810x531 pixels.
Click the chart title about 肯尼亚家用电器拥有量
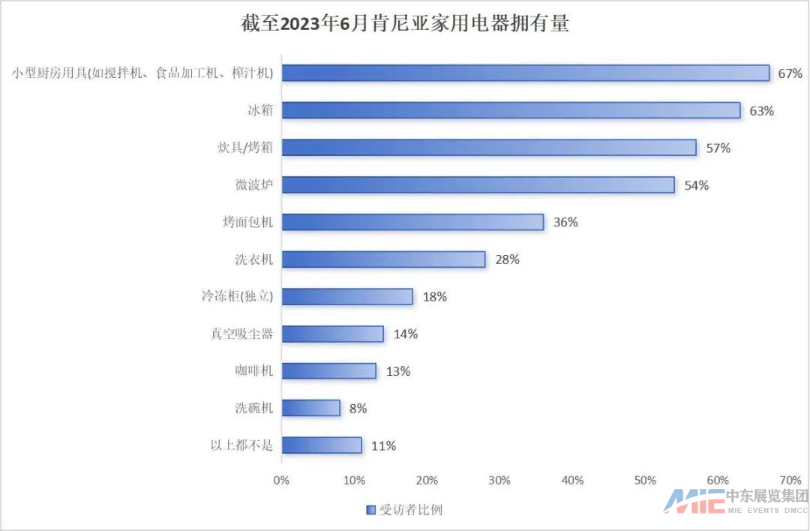point(405,23)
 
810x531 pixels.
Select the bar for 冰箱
point(511,110)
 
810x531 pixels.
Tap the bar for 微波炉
point(478,184)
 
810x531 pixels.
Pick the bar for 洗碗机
point(310,408)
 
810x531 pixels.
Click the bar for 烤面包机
point(412,222)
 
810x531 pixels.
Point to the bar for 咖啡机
point(328,370)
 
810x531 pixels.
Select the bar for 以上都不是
point(321,445)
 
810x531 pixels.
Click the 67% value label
point(790,73)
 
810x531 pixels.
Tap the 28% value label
point(507,259)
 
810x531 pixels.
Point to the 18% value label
point(434,297)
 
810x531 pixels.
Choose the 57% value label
point(718,148)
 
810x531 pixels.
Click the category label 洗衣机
point(253,259)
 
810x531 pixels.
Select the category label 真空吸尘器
point(241,334)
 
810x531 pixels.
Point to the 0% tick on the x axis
point(281,480)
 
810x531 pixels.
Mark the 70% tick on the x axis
point(790,480)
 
